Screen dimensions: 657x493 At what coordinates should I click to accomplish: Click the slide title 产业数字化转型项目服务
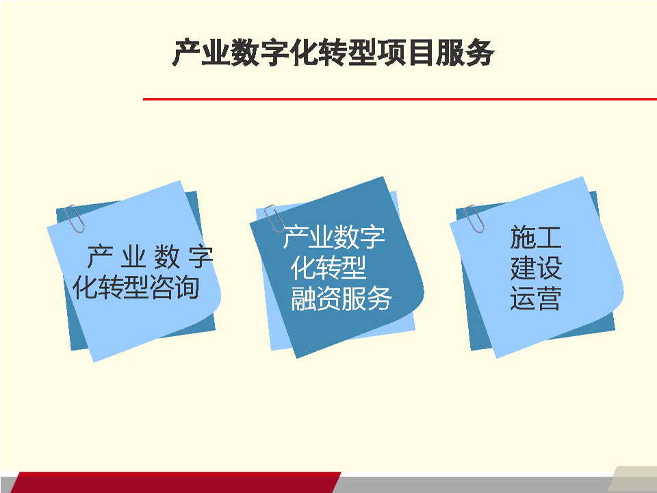(x=333, y=53)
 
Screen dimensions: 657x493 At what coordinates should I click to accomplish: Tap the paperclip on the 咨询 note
(x=75, y=218)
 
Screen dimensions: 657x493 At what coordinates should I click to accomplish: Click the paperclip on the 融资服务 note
(x=274, y=218)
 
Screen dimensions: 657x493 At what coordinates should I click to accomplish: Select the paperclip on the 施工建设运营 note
(x=474, y=218)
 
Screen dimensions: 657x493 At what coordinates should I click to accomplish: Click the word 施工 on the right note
(x=535, y=238)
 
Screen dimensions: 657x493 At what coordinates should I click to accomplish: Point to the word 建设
(x=535, y=268)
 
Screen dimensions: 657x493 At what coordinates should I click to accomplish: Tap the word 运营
(x=535, y=299)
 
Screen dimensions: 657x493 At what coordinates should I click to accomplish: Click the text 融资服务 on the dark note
(x=341, y=299)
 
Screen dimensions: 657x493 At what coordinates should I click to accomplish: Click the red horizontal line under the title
(x=400, y=99)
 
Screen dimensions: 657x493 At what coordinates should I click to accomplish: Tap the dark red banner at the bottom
(x=176, y=483)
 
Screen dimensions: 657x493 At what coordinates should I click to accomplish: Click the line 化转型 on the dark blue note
(x=328, y=268)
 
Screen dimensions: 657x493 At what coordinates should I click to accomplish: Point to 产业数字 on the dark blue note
(x=334, y=237)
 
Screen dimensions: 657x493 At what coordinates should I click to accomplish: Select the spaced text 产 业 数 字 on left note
(x=150, y=257)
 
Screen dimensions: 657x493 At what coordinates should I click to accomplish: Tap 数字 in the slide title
(x=259, y=53)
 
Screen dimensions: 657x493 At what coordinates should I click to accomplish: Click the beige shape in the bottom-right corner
(x=632, y=479)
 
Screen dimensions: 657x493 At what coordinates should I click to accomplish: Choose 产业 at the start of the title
(x=201, y=53)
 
